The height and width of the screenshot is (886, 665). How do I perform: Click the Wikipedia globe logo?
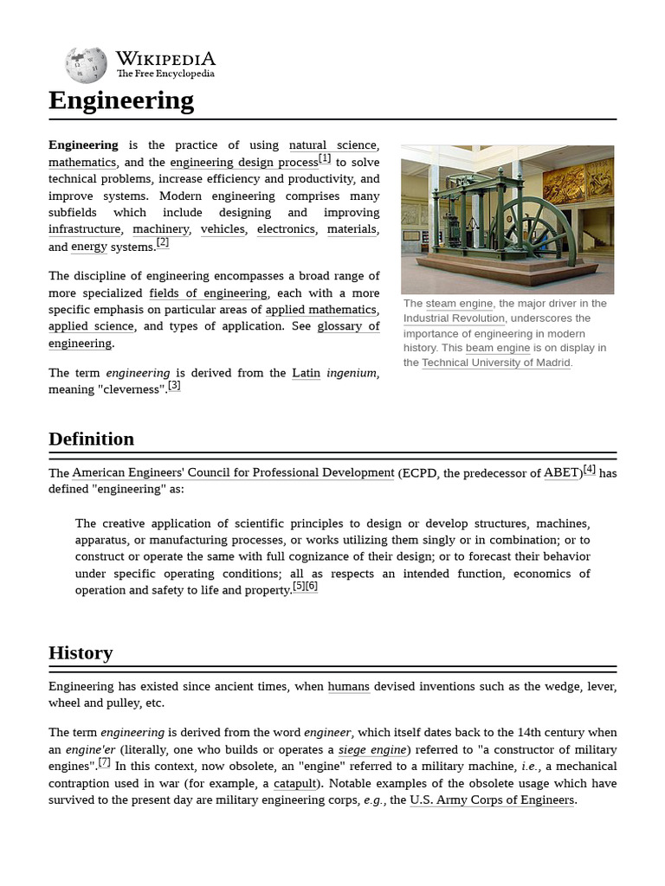(85, 66)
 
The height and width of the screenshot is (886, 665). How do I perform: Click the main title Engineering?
(121, 100)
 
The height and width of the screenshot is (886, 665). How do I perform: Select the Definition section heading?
(91, 439)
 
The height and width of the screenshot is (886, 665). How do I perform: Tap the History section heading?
(81, 652)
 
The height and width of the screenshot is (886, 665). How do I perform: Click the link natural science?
(332, 145)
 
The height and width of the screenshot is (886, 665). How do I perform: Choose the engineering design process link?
(243, 163)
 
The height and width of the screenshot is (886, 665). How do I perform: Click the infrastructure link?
(84, 229)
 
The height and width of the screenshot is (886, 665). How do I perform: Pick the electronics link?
(286, 229)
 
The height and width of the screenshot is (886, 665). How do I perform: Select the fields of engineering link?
(208, 293)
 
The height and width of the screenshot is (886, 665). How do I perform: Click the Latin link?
(306, 373)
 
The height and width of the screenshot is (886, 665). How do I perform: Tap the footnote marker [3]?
(174, 386)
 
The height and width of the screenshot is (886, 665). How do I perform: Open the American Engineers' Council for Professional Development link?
(233, 473)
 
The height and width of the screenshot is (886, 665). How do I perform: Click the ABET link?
(562, 473)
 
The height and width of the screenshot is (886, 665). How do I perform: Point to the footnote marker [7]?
(104, 762)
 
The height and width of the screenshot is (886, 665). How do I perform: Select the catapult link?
(295, 784)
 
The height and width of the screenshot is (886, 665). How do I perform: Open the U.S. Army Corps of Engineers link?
(492, 800)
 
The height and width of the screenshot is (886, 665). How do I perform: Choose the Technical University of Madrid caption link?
(495, 363)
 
